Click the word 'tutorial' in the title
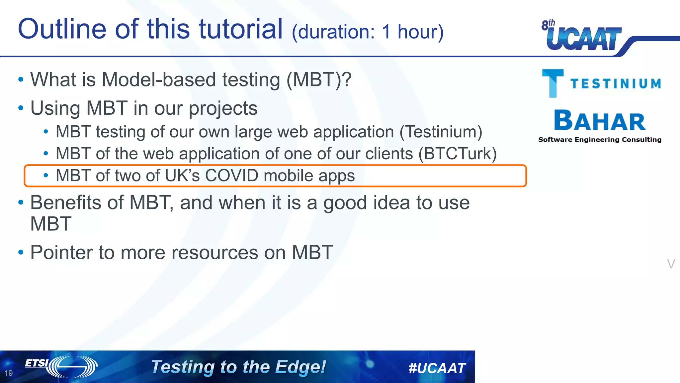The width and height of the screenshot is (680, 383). coord(241,29)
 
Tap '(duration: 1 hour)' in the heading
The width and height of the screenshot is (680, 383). coord(367,32)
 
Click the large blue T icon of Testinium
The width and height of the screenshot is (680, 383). coord(552,83)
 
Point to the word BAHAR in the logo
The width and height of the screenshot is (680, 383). coord(600,121)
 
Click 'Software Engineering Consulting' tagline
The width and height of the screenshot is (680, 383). coord(600,140)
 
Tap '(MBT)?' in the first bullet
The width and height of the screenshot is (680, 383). coord(318,80)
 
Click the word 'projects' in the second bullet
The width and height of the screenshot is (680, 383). coord(223,108)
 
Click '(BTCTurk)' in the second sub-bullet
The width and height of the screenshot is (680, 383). coord(457,154)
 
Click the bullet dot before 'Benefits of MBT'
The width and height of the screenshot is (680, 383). coord(21,202)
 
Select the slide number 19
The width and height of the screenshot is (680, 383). coord(9,373)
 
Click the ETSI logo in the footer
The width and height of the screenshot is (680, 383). coord(61,366)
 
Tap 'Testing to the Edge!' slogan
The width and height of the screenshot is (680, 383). coord(238,367)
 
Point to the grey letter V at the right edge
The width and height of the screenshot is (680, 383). coord(671,264)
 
